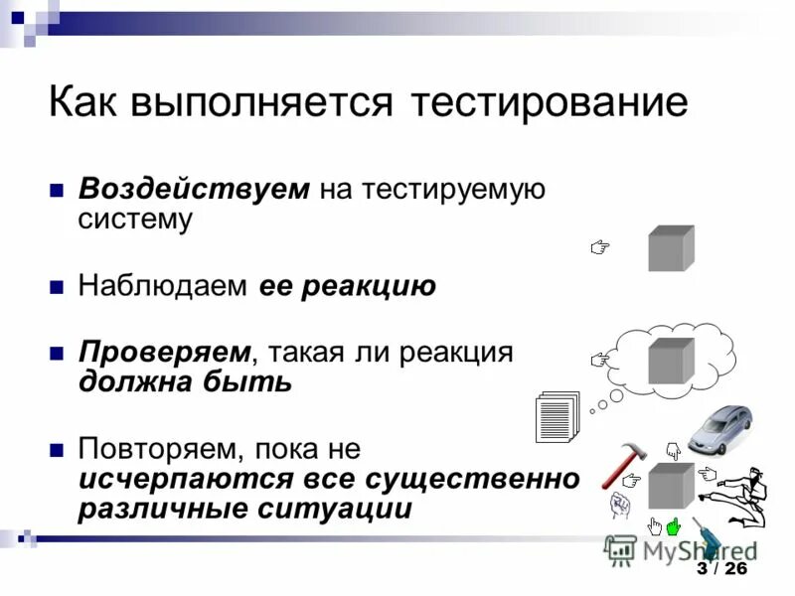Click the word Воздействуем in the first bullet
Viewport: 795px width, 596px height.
click(195, 189)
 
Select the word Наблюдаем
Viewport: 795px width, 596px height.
click(163, 287)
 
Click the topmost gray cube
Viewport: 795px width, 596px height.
click(671, 247)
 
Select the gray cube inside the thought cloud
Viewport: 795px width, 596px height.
click(671, 361)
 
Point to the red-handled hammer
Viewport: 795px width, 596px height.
click(623, 462)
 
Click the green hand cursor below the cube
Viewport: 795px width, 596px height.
click(674, 525)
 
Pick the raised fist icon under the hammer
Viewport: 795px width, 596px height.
click(620, 505)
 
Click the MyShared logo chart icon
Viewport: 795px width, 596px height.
click(621, 548)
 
